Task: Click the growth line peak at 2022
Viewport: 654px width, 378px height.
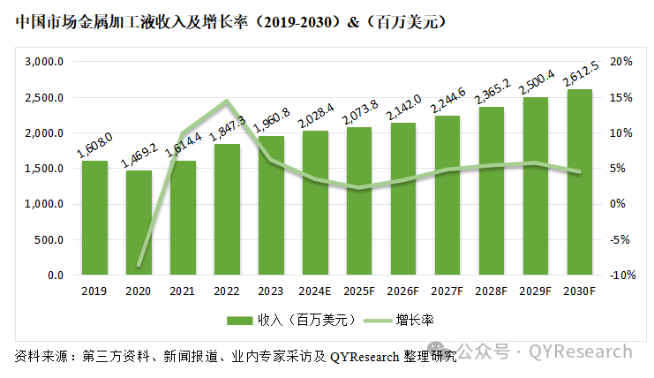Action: point(227,102)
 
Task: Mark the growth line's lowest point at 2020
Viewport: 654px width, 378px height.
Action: point(139,264)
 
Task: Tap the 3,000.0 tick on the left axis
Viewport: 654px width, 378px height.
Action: point(45,62)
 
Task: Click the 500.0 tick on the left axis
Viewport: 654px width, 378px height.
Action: point(49,239)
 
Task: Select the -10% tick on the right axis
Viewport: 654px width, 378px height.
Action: point(620,275)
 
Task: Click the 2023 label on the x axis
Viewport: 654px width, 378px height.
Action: point(271,291)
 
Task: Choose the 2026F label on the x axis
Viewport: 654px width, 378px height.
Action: point(403,291)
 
